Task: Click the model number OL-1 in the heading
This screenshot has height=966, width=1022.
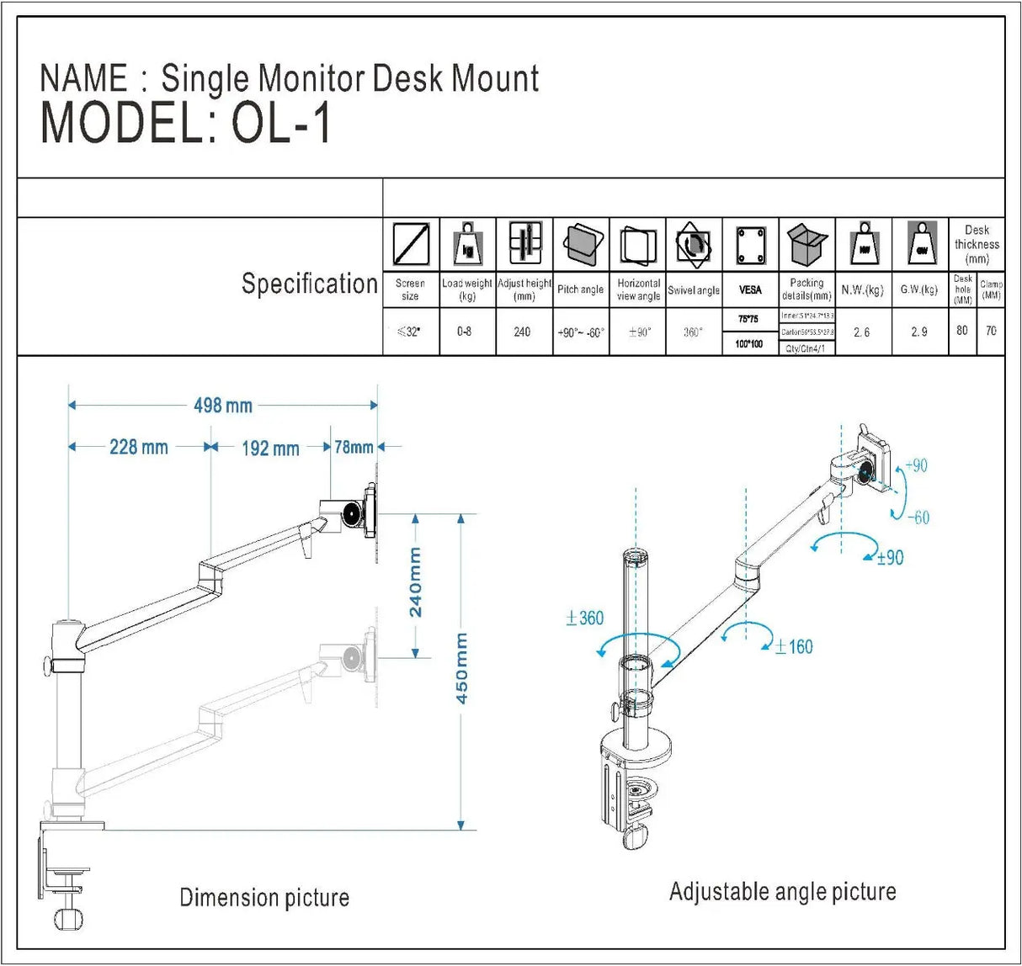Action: click(x=281, y=124)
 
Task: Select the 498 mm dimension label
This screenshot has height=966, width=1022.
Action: click(x=223, y=406)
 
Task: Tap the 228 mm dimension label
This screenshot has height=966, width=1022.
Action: click(x=138, y=447)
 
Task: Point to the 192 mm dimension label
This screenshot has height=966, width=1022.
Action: click(x=270, y=448)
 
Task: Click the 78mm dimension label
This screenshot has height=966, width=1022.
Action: click(x=354, y=447)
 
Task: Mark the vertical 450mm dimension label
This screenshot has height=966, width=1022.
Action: click(x=461, y=668)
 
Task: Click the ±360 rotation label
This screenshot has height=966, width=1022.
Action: click(x=585, y=618)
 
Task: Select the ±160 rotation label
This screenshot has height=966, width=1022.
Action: click(x=794, y=646)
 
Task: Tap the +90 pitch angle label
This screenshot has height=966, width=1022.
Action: click(x=916, y=466)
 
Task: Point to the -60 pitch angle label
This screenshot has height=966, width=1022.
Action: click(x=918, y=517)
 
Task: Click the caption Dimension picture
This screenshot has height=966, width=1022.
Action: click(x=264, y=898)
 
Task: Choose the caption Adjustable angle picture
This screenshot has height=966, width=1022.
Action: click(x=782, y=892)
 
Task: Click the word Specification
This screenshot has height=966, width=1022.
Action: click(x=309, y=284)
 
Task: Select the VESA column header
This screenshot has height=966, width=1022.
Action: click(x=750, y=289)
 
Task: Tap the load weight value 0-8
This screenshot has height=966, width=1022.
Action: click(x=465, y=332)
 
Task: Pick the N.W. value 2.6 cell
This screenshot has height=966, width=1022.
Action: click(x=862, y=332)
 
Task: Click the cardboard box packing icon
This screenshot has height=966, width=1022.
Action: click(x=807, y=244)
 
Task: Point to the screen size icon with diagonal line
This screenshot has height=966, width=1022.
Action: click(x=411, y=244)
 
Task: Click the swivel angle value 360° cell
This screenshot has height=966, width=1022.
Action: click(x=693, y=332)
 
